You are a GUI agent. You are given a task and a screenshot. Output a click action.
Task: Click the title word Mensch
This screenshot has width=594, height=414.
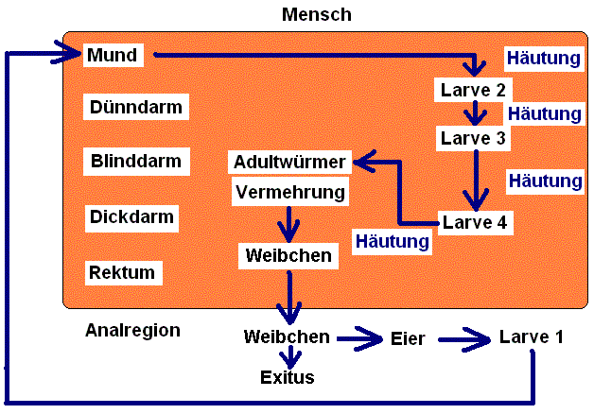pos(316,15)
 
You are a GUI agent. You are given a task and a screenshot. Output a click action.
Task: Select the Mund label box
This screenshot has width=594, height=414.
pos(112,55)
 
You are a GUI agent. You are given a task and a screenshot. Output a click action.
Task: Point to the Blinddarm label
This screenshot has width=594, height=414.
pos(135,162)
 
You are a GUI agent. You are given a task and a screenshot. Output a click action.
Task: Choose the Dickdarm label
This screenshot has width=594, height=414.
pos(131,217)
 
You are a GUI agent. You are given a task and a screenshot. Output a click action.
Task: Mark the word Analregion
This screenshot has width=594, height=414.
pos(132,331)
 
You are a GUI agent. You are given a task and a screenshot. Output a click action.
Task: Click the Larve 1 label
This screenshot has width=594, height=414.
pos(531,336)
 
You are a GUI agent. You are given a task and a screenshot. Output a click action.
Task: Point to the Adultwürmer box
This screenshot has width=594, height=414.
pos(291,162)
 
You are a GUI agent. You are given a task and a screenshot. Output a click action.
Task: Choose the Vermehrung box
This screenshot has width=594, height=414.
pos(289,192)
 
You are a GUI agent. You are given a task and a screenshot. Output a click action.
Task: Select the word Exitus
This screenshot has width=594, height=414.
pos(288,378)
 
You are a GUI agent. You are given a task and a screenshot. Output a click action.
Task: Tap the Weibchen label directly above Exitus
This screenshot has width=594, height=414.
pos(287,336)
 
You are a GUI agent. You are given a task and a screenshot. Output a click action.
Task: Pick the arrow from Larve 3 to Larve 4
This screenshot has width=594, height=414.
pos(476,180)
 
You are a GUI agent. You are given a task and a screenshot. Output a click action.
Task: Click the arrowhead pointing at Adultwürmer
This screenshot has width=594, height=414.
pos(363,163)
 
